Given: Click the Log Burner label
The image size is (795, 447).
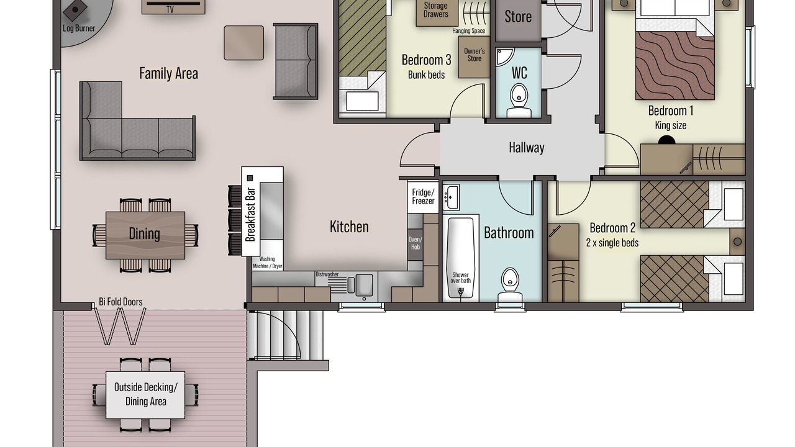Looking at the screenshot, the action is [79, 29].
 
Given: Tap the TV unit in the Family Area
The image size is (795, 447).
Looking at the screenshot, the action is [173, 7].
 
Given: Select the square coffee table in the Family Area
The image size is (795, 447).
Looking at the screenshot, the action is [244, 43].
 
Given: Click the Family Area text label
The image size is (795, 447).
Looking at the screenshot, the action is [168, 73].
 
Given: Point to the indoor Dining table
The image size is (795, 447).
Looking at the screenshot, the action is [145, 235].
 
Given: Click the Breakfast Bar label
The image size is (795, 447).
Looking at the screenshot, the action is [250, 214].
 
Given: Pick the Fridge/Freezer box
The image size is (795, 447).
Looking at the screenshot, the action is [423, 197].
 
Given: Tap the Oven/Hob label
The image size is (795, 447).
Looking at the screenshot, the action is [416, 243].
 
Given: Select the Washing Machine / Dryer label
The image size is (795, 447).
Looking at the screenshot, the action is [267, 263].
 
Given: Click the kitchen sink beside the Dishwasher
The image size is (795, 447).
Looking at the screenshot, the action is [360, 285].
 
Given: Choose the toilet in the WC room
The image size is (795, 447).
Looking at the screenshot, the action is [519, 101].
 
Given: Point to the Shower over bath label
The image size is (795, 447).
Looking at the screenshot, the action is [461, 278].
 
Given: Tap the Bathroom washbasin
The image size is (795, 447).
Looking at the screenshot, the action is [451, 197].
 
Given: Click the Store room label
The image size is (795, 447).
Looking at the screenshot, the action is [518, 17].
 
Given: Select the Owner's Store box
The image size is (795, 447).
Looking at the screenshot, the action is [474, 56].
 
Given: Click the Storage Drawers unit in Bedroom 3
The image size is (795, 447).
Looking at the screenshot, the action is [436, 13].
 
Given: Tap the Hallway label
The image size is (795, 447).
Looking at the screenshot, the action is [527, 148].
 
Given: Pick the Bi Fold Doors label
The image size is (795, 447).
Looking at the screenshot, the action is [120, 302].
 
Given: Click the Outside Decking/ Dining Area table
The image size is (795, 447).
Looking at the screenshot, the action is [145, 395].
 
